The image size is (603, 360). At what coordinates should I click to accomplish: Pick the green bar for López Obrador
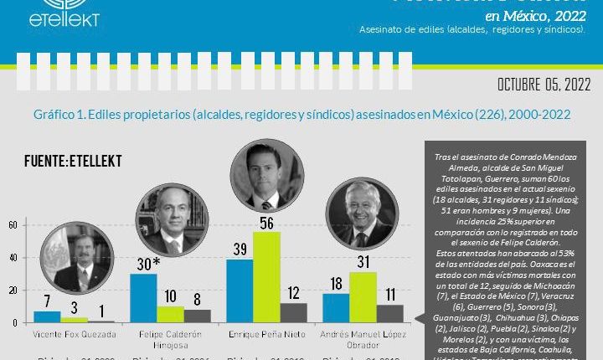pos(363,297)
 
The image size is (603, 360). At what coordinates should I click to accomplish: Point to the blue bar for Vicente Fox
pos(47,316)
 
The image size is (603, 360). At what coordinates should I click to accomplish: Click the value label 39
pos(239,250)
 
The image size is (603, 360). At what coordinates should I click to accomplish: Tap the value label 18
pos(335,284)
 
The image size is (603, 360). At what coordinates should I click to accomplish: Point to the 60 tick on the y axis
pos(13,225)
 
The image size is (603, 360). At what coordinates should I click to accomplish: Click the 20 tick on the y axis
pos(13,290)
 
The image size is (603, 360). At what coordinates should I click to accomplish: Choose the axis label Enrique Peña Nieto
pos(266,334)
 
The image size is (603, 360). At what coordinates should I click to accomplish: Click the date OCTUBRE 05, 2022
pos(544,85)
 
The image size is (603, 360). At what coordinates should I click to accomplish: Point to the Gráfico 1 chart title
pos(301,114)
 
